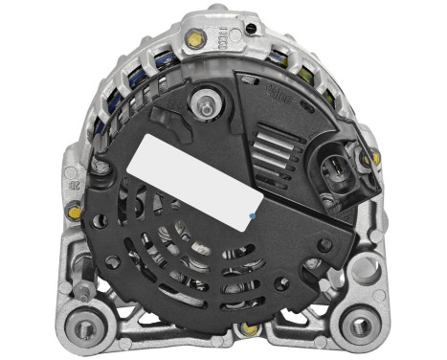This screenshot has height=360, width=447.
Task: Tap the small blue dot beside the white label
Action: (251, 217)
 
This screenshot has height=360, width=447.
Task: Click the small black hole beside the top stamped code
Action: (250, 28)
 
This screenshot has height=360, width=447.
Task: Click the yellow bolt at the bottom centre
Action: (250, 328)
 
